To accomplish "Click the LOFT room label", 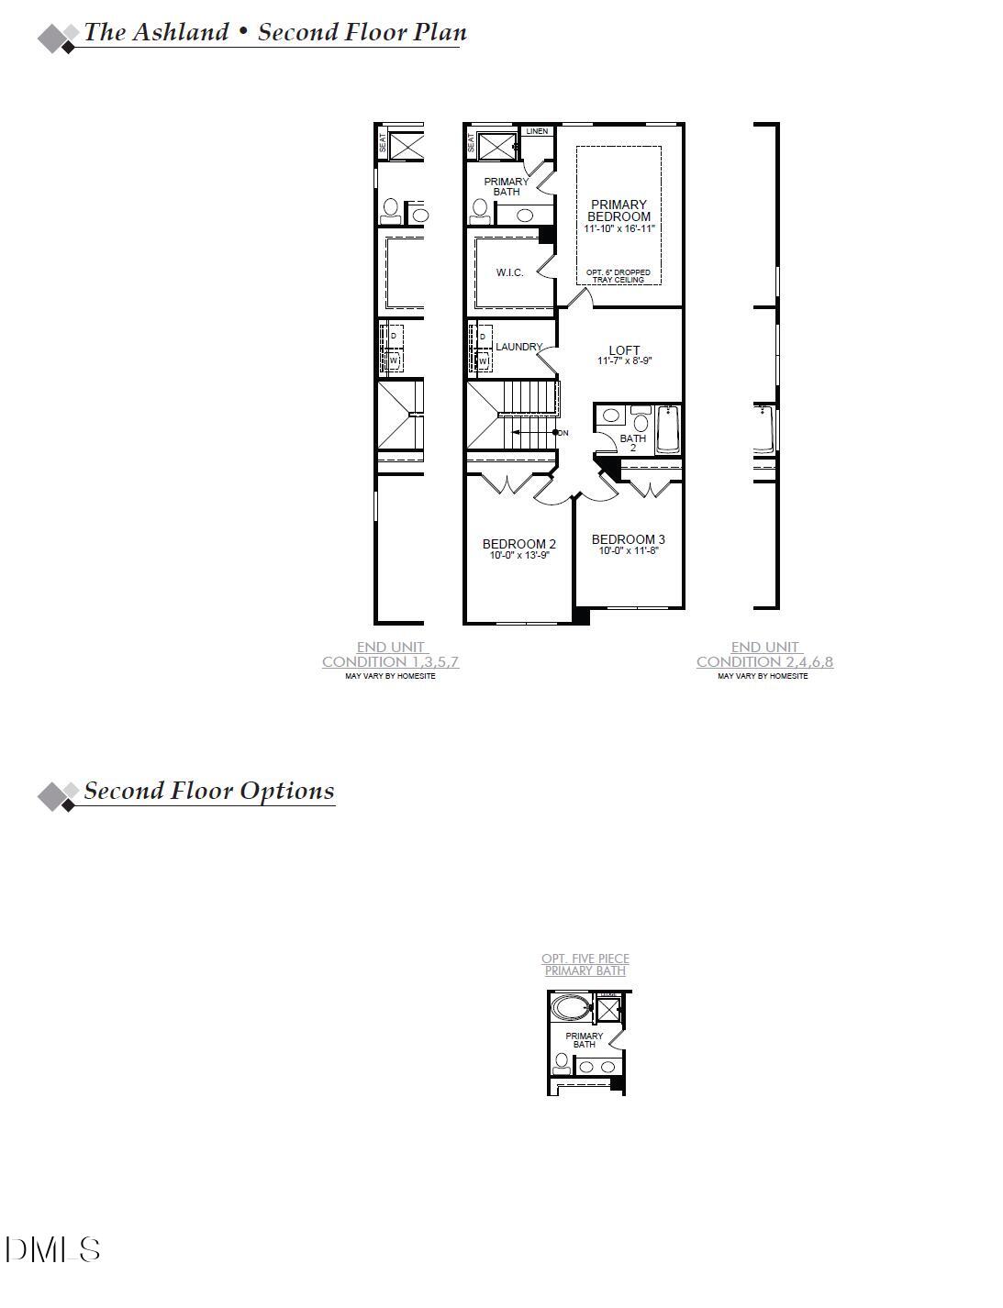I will (624, 350).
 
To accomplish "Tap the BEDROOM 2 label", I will (518, 544).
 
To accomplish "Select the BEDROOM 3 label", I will (628, 539).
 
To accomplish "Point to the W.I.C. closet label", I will (509, 272).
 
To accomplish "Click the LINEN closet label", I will (537, 131).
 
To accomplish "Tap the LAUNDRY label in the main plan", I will (518, 347).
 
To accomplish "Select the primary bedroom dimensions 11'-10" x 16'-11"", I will (619, 228).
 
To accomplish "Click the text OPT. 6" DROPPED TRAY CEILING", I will (619, 276).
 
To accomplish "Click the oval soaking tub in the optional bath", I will (571, 1009).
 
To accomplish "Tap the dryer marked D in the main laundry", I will (483, 337).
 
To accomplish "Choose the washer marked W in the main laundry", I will (483, 361).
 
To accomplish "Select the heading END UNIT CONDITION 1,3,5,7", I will (391, 654).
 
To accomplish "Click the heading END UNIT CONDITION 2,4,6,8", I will (764, 654).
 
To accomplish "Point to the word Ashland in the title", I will (181, 32).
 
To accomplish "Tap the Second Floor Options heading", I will (208, 791).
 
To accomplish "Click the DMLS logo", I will (52, 1249).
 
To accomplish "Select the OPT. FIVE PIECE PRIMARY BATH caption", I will (585, 964).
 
